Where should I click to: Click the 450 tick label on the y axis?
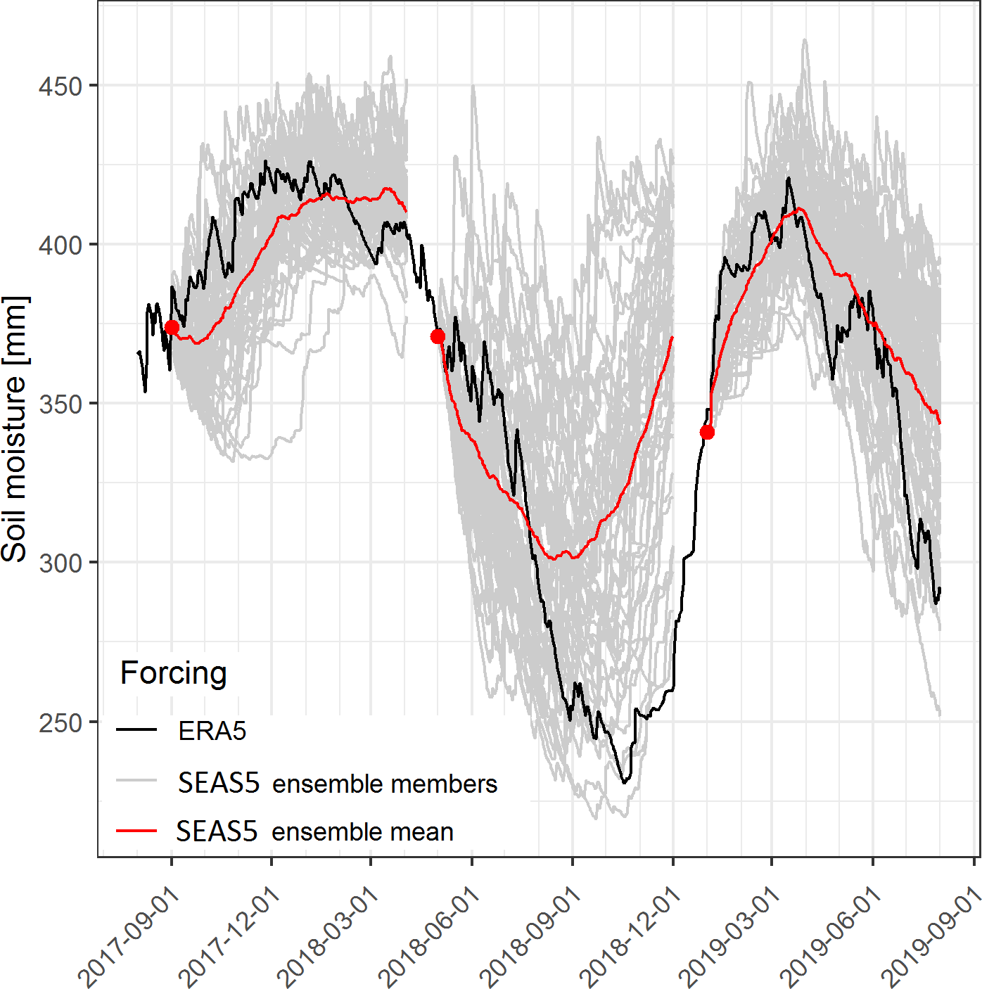[x=60, y=87]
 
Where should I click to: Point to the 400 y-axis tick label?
[x=60, y=245]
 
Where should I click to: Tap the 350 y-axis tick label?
[x=60, y=404]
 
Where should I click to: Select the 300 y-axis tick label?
[x=60, y=563]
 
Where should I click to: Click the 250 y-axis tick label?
[x=60, y=723]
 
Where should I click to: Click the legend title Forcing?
[x=173, y=673]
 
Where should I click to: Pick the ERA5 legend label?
[x=212, y=732]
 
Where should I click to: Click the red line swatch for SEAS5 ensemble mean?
[x=136, y=831]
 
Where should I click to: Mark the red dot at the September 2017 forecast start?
[x=172, y=327]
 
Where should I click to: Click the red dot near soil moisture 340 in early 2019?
[x=707, y=432]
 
